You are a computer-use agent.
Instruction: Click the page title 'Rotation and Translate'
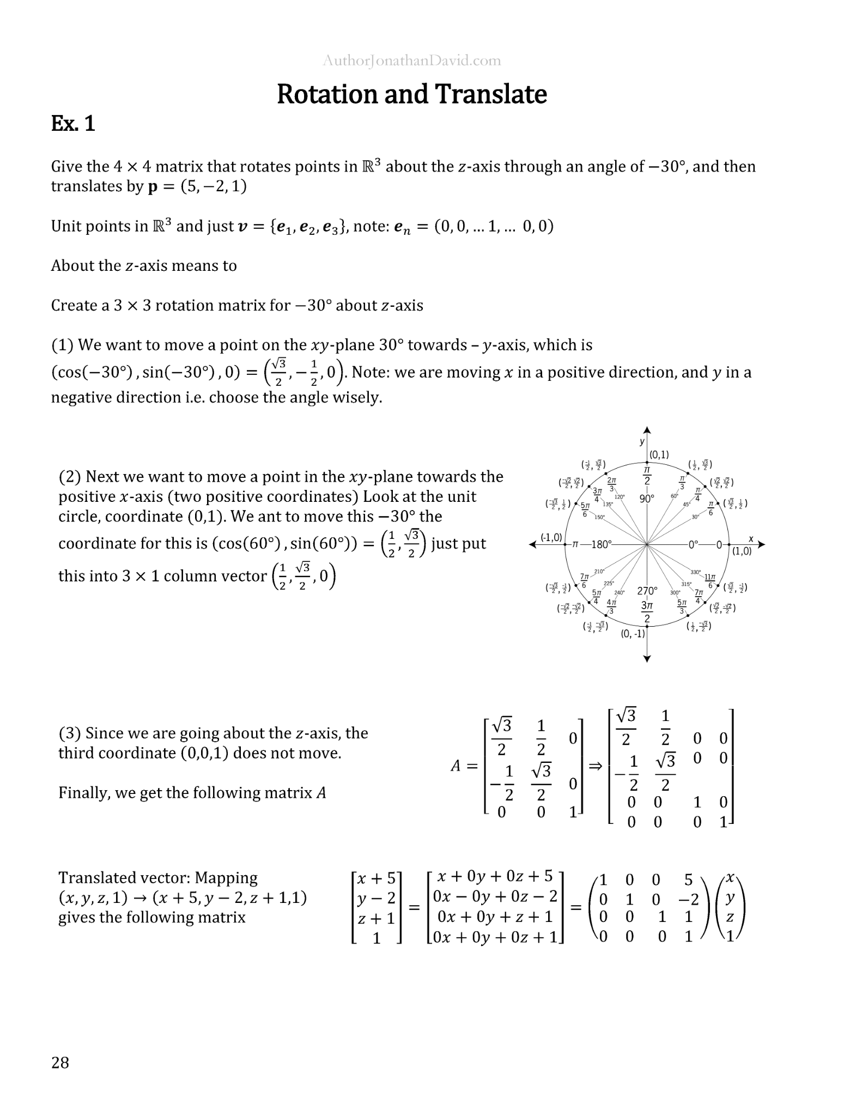click(411, 94)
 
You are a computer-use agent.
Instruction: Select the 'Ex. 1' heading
click(73, 124)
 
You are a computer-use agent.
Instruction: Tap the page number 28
click(60, 1062)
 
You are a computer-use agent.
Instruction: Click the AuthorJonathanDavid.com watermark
click(411, 60)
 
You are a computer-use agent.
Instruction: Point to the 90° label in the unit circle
click(647, 499)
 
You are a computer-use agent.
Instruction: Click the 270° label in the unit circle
click(647, 591)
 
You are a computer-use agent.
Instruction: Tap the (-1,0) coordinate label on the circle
click(551, 537)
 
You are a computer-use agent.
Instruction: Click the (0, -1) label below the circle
click(633, 634)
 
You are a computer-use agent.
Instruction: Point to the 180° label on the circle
click(601, 544)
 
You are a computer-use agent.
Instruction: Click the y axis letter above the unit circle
click(642, 441)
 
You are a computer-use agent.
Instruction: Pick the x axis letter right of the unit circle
click(751, 539)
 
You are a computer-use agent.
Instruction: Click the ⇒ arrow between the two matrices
click(596, 766)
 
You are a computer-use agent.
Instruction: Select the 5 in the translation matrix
click(688, 880)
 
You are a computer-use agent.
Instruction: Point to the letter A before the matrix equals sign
click(456, 766)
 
